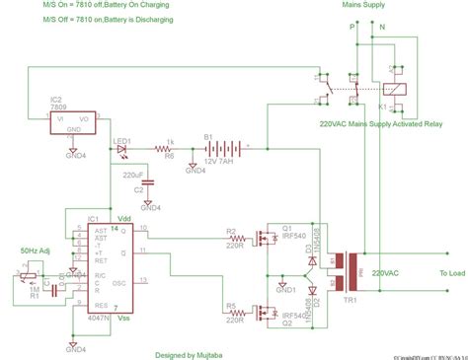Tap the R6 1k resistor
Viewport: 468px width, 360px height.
pos(170,148)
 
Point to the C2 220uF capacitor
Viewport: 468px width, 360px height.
pos(148,182)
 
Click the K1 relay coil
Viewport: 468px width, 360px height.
pos(394,88)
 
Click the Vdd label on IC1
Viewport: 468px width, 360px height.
pos(124,220)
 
